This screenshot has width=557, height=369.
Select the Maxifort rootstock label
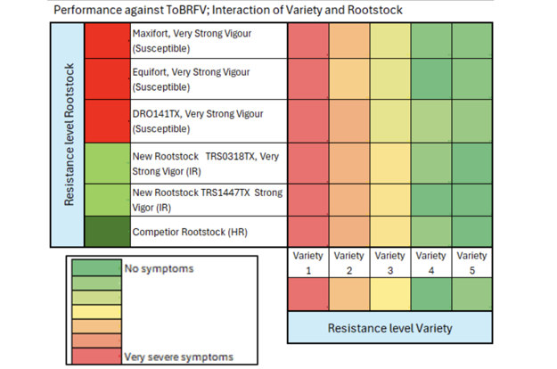coord(203,39)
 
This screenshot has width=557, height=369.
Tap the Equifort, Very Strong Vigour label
coord(203,79)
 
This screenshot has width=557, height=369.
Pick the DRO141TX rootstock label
coord(203,120)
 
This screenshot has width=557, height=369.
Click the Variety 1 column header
coord(307,262)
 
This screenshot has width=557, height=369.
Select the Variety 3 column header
coord(389,262)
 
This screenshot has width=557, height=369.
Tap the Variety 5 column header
coord(471,262)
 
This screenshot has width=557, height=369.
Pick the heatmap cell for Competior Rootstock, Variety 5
coord(471,230)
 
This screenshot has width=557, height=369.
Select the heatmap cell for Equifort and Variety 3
coord(389,79)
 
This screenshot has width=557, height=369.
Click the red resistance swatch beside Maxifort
coord(107,40)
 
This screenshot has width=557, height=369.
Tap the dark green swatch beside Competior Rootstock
coord(107,230)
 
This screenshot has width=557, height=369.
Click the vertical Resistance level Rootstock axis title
coord(68,135)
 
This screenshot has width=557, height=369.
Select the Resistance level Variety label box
coord(389,327)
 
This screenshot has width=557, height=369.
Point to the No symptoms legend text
coord(159,268)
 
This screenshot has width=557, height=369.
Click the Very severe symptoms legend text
coord(178,357)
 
